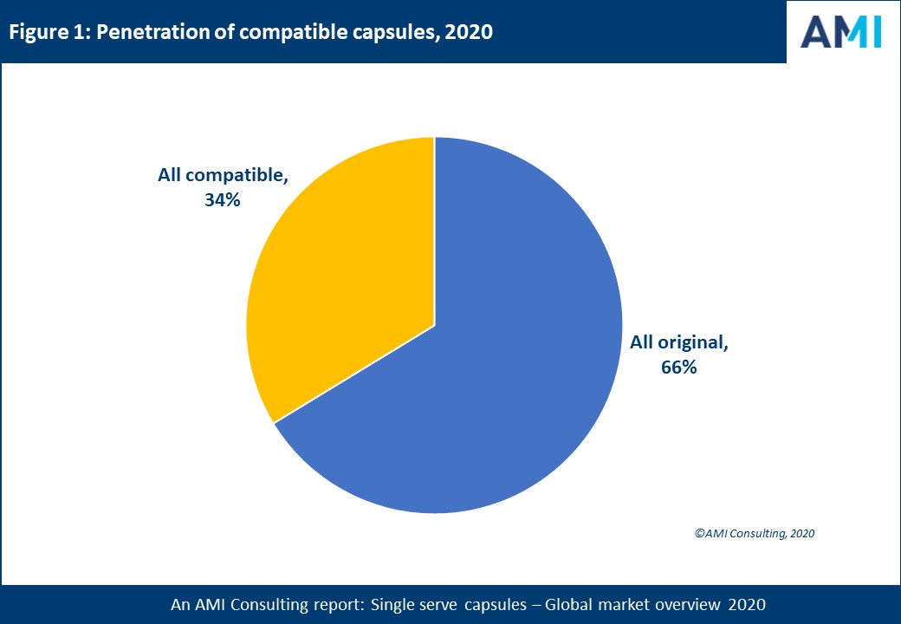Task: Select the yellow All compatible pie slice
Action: (x=347, y=277)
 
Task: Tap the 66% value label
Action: (x=679, y=367)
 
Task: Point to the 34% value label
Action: (x=223, y=200)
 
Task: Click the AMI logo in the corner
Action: (x=840, y=31)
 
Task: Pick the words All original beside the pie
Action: (x=679, y=342)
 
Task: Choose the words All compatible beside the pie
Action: (x=223, y=175)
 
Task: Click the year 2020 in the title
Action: (x=470, y=33)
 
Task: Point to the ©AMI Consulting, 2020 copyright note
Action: (x=755, y=534)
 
